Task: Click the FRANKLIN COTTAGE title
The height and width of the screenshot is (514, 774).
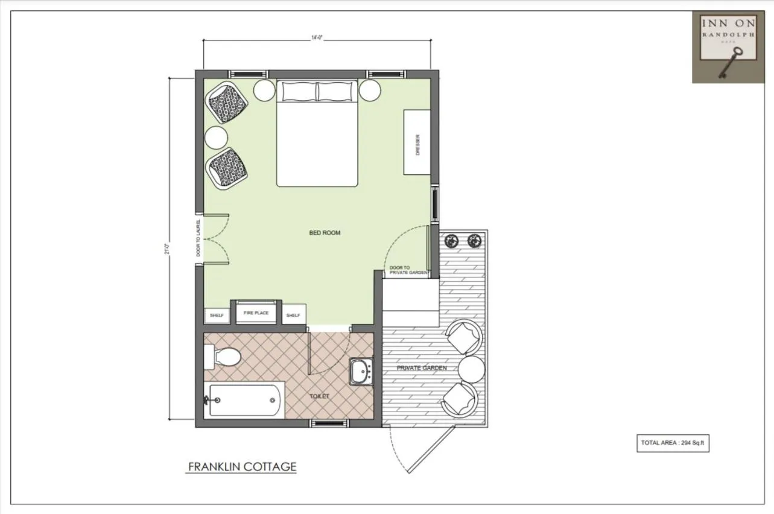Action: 242,466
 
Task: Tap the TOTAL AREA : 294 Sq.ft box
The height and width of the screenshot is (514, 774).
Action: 673,443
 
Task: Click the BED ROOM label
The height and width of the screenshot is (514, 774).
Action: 325,232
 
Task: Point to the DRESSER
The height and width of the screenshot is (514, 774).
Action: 417,142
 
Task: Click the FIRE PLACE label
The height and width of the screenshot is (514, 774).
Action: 256,313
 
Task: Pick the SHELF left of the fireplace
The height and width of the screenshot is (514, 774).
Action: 217,315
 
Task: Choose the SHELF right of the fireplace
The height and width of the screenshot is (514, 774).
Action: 293,315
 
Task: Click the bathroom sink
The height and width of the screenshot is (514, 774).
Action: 361,371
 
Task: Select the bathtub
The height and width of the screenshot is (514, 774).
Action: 244,399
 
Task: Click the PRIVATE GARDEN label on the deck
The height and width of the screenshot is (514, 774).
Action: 422,367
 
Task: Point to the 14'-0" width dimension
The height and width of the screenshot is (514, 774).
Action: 317,39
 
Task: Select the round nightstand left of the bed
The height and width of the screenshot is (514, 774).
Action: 264,90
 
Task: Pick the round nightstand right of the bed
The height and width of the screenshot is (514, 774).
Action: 370,90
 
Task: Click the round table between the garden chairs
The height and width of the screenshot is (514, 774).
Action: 471,369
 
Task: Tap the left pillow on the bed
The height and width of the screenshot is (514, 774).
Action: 298,91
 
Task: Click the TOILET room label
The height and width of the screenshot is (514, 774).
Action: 320,396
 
